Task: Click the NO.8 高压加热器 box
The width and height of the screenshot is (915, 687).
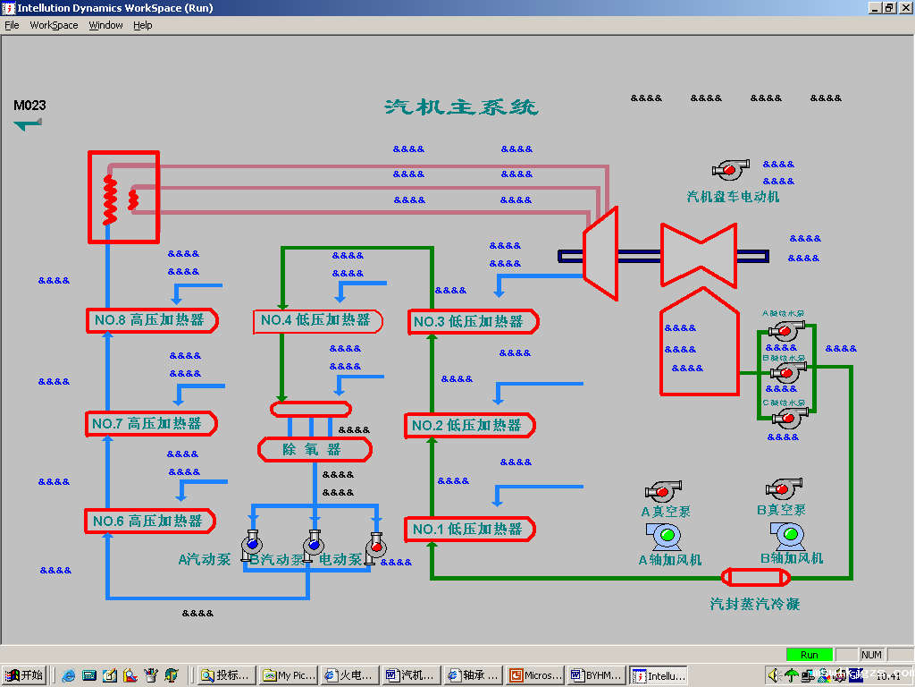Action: point(152,320)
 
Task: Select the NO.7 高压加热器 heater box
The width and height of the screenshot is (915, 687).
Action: point(152,423)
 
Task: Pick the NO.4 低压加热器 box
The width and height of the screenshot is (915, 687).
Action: point(317,320)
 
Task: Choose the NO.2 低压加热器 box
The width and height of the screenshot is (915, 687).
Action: point(469,426)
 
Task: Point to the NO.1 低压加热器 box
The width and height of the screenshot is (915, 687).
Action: point(469,530)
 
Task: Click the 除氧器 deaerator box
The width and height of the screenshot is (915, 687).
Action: point(314,449)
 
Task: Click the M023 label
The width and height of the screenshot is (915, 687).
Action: point(29,106)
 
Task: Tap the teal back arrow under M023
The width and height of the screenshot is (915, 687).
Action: point(28,124)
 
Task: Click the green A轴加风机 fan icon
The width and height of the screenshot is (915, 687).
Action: point(665,536)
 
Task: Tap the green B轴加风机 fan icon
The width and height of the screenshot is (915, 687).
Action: point(788,535)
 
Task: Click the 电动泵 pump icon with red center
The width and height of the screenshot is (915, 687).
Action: point(375,545)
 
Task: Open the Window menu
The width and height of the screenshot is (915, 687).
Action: point(105,25)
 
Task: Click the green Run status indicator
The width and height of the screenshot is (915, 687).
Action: point(809,655)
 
